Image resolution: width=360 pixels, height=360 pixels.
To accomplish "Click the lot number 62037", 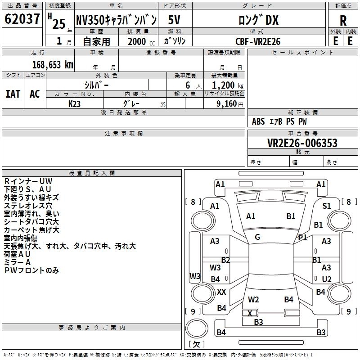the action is [x=22, y=19].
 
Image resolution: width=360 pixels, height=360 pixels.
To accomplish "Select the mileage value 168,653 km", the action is [x=53, y=65].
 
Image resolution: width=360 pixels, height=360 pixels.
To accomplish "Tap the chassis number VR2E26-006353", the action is [x=302, y=143].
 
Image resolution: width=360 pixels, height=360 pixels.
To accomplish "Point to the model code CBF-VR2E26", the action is [x=258, y=41].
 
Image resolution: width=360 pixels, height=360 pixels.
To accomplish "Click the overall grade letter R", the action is [x=343, y=21].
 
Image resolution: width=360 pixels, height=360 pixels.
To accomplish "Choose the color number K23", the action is [x=74, y=104].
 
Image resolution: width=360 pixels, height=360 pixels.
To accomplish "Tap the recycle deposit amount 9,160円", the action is [x=230, y=104].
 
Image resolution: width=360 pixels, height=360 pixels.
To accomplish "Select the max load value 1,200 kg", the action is [x=228, y=85].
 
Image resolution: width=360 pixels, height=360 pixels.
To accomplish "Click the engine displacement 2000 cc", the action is [x=141, y=41].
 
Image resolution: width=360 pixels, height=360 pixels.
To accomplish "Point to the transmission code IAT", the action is [x=13, y=94].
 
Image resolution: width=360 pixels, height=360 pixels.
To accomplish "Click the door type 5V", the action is [x=174, y=20].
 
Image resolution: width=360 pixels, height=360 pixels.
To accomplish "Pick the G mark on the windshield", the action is [x=257, y=237].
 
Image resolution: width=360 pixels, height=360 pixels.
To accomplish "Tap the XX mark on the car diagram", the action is [x=221, y=292].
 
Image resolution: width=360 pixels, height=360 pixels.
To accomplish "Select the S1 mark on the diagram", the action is [x=327, y=206].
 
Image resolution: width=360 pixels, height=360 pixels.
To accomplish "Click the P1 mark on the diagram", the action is [x=302, y=238].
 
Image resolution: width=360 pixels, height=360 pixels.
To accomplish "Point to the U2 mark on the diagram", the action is [x=327, y=279].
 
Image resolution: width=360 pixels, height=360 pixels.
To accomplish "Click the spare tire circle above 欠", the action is [x=197, y=328].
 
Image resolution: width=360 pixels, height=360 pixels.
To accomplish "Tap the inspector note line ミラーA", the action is [x=17, y=262].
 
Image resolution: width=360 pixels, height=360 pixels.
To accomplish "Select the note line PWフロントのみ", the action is [x=31, y=270].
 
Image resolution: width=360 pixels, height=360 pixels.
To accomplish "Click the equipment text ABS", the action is [x=258, y=121].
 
